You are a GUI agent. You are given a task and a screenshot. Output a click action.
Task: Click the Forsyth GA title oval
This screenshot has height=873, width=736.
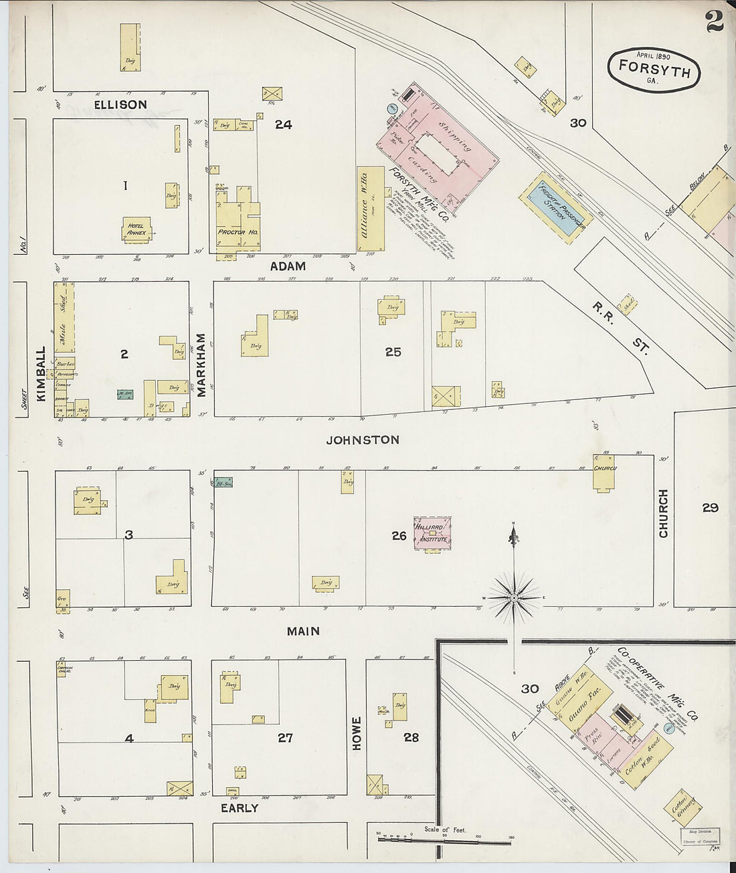pyautogui.click(x=654, y=70)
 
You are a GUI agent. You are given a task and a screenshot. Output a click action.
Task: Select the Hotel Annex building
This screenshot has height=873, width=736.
pyautogui.click(x=137, y=229)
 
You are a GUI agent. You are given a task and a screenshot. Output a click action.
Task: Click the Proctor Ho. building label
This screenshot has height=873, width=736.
pyautogui.click(x=238, y=232)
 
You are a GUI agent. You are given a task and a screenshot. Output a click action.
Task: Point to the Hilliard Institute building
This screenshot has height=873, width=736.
pyautogui.click(x=432, y=534)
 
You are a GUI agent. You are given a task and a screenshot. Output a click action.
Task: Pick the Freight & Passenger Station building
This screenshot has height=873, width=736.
pyautogui.click(x=555, y=207)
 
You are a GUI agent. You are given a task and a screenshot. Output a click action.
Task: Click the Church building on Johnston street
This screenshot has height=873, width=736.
pyautogui.click(x=604, y=474)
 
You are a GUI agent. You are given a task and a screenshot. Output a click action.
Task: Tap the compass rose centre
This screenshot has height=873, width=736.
pyautogui.click(x=513, y=596)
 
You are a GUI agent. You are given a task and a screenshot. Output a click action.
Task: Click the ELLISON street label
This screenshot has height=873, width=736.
pyautogui.click(x=120, y=105)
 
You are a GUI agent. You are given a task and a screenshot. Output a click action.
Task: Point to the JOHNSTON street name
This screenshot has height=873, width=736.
pyautogui.click(x=363, y=440)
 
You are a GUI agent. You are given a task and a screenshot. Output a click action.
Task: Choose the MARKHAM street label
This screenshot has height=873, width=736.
pyautogui.click(x=201, y=365)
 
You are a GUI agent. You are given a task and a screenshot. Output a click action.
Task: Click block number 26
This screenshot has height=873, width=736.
pyautogui.click(x=399, y=535)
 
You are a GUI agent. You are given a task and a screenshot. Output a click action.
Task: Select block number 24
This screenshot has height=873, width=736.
pyautogui.click(x=283, y=124)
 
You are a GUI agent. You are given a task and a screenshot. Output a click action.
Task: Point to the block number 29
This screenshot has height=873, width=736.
pyautogui.click(x=710, y=508)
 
